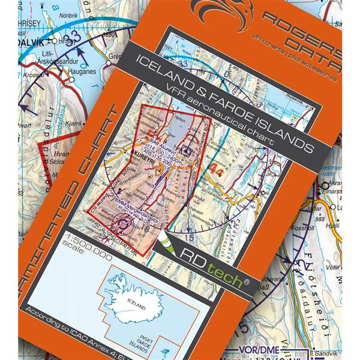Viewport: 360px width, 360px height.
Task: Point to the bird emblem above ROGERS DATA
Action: click(x=226, y=14)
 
